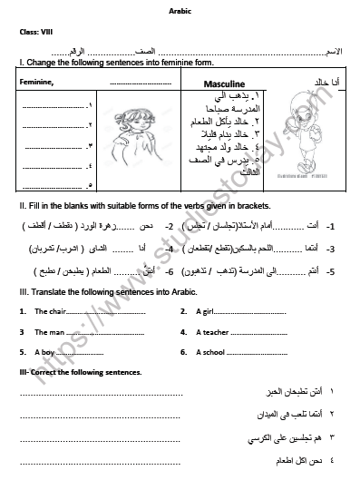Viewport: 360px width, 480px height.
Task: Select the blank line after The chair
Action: coord(104,312)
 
